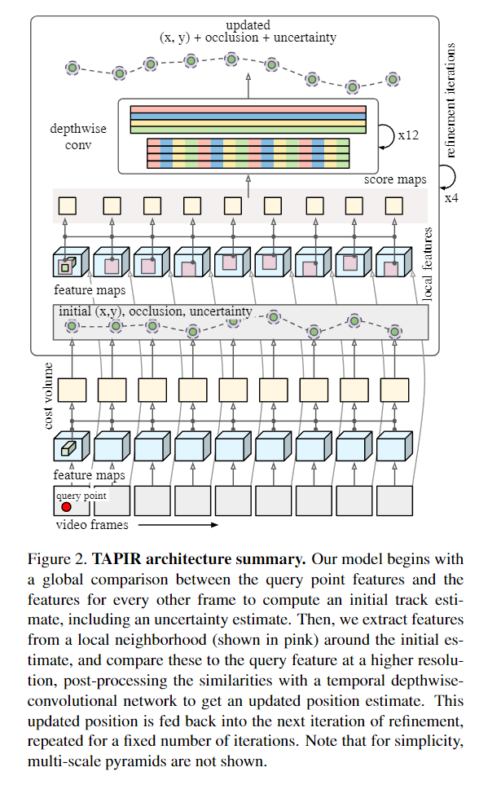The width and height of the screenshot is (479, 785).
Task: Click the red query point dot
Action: coord(66,506)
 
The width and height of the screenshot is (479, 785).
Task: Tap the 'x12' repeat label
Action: coord(408,135)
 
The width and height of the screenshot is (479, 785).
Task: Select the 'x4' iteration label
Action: coord(451,197)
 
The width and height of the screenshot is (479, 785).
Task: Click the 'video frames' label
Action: coord(90,524)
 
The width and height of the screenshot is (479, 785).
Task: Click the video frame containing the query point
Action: coord(72,501)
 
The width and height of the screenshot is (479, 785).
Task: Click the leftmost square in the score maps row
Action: coord(67,205)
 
